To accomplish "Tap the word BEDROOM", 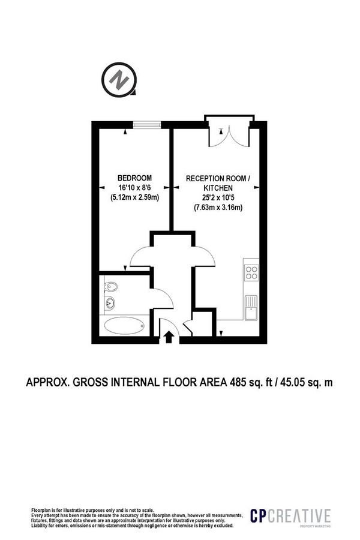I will (134, 178).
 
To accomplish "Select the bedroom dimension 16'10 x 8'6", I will (134, 188).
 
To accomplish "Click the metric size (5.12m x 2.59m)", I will (134, 197).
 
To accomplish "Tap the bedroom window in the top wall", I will (147, 124).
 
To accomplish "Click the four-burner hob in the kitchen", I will (251, 273).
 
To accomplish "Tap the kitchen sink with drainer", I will (251, 307).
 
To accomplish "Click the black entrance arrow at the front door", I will (169, 338).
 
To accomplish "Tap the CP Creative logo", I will (290, 516).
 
